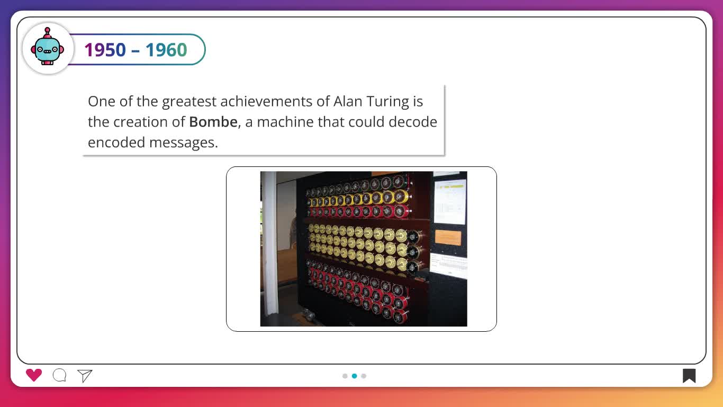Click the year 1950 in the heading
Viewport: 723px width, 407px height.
(x=105, y=50)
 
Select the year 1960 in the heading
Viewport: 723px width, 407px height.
(x=166, y=50)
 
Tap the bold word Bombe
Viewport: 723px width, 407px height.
(x=213, y=122)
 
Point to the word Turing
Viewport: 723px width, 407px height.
(x=388, y=102)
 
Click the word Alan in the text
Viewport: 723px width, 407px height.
(x=348, y=101)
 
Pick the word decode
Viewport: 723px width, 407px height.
(x=413, y=122)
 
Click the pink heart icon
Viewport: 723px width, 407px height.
(x=34, y=375)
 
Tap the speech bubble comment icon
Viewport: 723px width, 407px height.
(x=59, y=375)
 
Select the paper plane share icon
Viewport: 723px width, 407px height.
(x=85, y=376)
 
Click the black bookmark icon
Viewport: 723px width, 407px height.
(x=689, y=376)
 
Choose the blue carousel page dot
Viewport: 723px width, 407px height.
(x=355, y=376)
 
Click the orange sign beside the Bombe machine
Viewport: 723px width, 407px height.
(x=448, y=237)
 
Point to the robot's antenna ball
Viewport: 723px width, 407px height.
(x=48, y=30)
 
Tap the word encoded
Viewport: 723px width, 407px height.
(x=116, y=142)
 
